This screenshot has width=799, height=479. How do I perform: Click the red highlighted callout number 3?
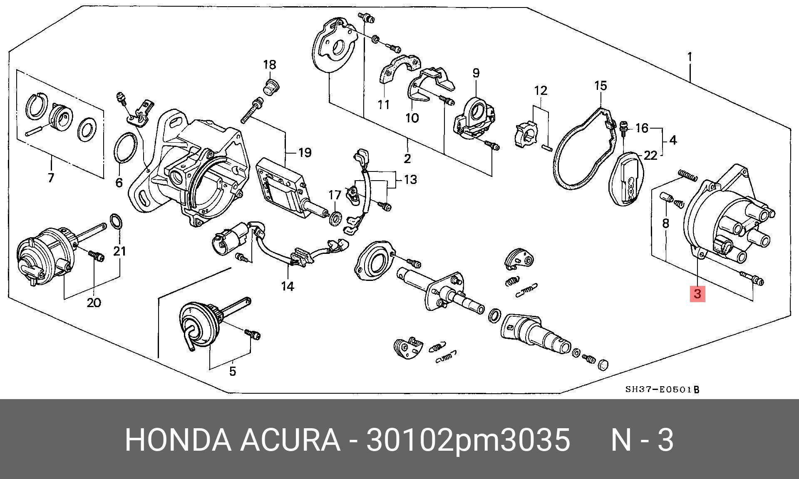click(x=697, y=294)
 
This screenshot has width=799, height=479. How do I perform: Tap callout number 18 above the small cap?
click(x=270, y=65)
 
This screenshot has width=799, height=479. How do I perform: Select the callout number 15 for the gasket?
click(x=600, y=86)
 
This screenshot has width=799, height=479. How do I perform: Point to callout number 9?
click(x=476, y=73)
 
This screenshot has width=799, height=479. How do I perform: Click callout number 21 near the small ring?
click(x=120, y=251)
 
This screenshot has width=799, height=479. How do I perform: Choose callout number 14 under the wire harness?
click(x=288, y=286)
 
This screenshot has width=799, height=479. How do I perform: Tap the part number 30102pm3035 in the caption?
click(x=468, y=439)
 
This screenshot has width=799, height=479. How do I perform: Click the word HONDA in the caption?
click(x=178, y=439)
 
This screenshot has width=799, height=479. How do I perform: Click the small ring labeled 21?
click(x=117, y=221)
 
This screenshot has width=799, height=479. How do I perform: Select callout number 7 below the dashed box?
click(x=51, y=178)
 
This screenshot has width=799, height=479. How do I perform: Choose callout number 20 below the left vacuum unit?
click(x=94, y=303)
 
